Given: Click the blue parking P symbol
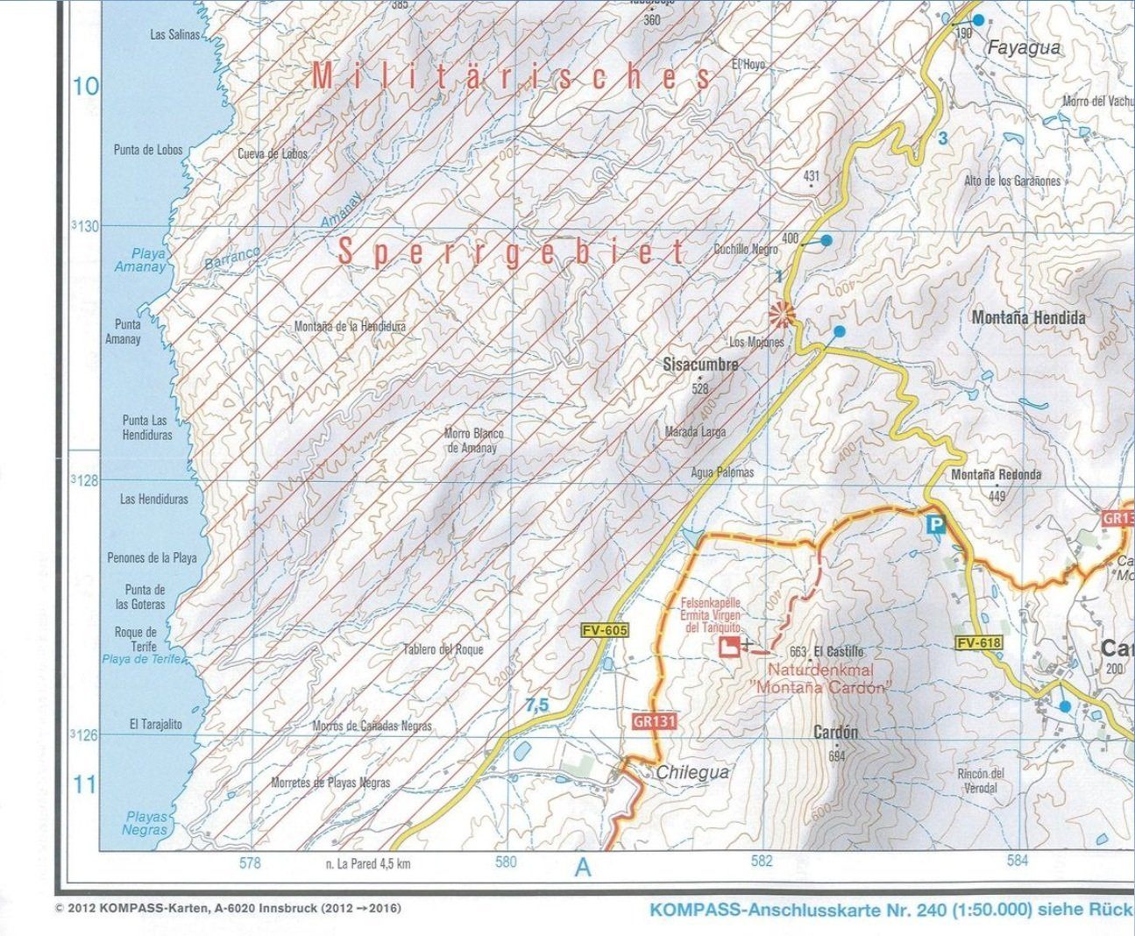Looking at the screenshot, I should pos(936,525).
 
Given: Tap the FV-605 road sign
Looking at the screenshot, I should pos(605,630).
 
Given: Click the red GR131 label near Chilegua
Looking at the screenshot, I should pos(653,721).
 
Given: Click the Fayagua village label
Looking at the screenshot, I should pos(1023,48).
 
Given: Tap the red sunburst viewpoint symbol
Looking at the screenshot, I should pos(780,314).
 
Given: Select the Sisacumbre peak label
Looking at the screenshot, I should pos(700,365).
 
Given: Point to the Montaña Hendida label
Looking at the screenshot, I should pos(1028,318).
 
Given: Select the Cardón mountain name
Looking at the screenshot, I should pos(835,732).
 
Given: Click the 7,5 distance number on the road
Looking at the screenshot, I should pos(536,705).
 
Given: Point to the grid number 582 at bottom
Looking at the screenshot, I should pos(762,862).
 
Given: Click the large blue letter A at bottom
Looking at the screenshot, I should pos(583,868).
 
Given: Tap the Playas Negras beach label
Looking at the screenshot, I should pos(145,823).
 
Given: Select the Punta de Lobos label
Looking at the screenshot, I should pos(148,150).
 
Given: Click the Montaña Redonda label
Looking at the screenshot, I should pos(997,475).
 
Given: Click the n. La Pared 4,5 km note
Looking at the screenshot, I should pos(367,863).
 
